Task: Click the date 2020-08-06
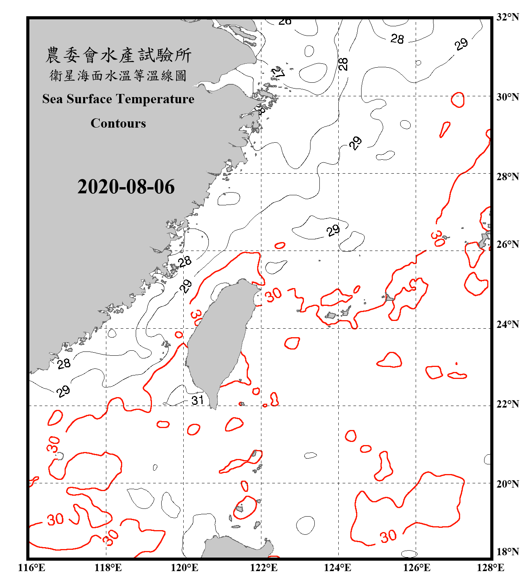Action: point(126,187)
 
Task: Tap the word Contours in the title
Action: point(118,123)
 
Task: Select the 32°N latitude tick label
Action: point(507,17)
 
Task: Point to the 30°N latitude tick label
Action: point(507,97)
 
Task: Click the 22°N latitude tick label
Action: point(507,404)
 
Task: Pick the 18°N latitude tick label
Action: point(507,551)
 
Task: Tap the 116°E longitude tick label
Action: point(31,568)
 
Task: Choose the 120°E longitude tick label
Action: point(184,568)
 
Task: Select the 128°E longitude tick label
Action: point(490,568)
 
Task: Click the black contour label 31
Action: point(198,400)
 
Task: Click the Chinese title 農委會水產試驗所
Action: point(118,55)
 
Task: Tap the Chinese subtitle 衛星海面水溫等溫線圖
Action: point(118,75)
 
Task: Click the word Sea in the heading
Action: point(53,99)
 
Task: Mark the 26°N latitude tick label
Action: point(507,244)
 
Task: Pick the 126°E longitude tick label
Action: point(416,568)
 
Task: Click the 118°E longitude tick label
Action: point(108,568)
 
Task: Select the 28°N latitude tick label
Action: point(507,176)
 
